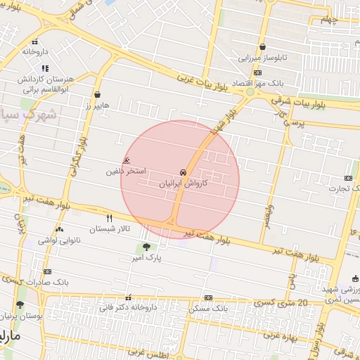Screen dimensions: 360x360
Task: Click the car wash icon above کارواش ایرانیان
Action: [x=184, y=172]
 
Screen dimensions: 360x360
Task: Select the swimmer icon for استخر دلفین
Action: [x=127, y=161]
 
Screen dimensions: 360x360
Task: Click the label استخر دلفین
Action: [x=127, y=171]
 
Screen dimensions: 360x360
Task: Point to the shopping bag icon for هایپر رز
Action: [x=96, y=94]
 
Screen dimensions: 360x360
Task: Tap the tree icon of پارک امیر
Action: [x=146, y=247]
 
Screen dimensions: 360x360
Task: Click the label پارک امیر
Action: [x=146, y=258]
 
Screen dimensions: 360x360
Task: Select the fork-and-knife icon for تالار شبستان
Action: [x=109, y=219]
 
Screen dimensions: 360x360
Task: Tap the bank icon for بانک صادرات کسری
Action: [x=47, y=271]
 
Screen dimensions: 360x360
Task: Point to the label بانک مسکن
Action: [x=209, y=308]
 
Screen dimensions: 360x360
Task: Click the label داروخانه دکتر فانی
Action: [x=127, y=307]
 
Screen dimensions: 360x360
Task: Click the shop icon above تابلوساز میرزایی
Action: [x=262, y=47]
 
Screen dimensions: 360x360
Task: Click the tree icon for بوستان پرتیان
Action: [x=20, y=305]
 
